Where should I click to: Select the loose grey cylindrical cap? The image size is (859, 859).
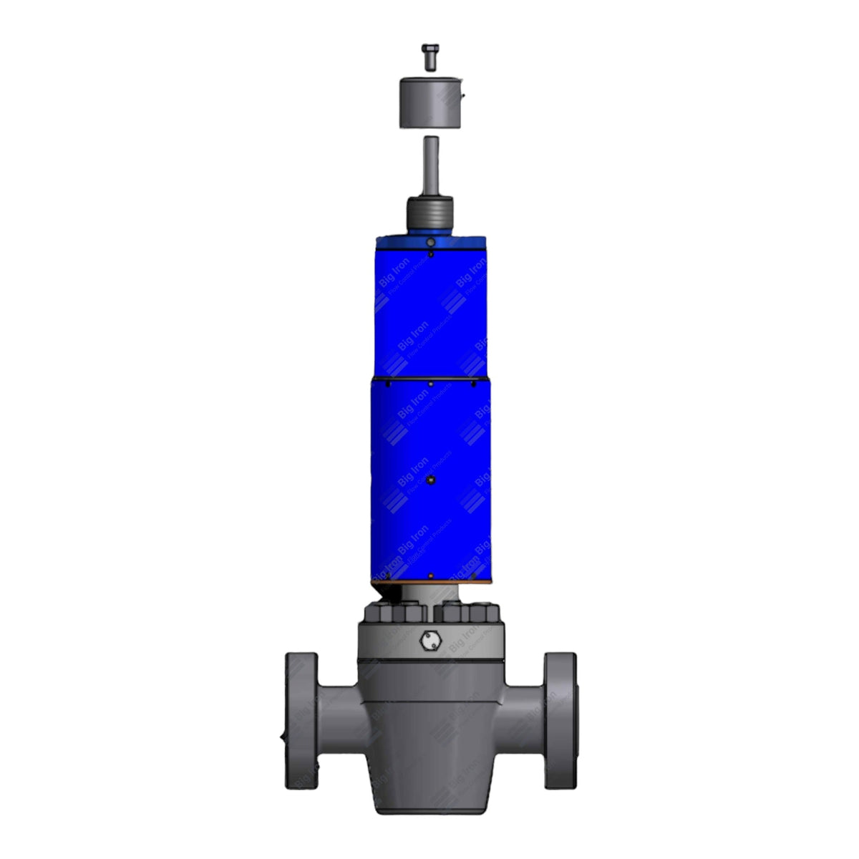(x=429, y=102)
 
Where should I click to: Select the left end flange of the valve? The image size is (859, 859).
(x=301, y=720)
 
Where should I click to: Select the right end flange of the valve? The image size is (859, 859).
(x=559, y=720)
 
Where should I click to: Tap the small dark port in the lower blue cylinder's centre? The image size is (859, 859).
(x=430, y=481)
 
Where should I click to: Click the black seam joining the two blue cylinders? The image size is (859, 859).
(x=429, y=377)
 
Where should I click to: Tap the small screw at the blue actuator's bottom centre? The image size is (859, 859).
(x=430, y=576)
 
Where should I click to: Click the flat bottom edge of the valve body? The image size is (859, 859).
(x=430, y=812)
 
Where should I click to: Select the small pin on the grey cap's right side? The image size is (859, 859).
(x=463, y=94)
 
